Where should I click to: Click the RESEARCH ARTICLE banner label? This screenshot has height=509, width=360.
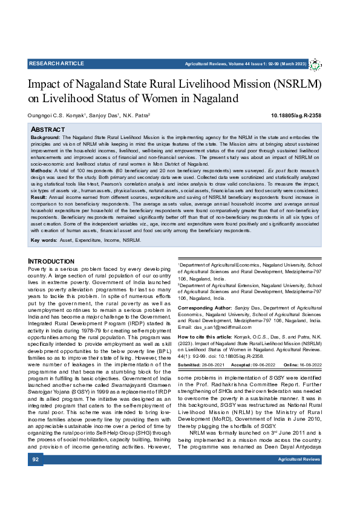[x=56, y=63]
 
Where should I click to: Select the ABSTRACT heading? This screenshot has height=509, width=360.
[x=48, y=129]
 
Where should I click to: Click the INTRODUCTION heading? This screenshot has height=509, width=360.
[x=51, y=261]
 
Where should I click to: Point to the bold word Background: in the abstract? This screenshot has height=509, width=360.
[x=46, y=138]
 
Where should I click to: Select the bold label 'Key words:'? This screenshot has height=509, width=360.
[x=44, y=241]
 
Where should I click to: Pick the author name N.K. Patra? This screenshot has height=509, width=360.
[x=136, y=115]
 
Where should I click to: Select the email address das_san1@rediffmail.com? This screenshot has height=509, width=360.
[x=220, y=327]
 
